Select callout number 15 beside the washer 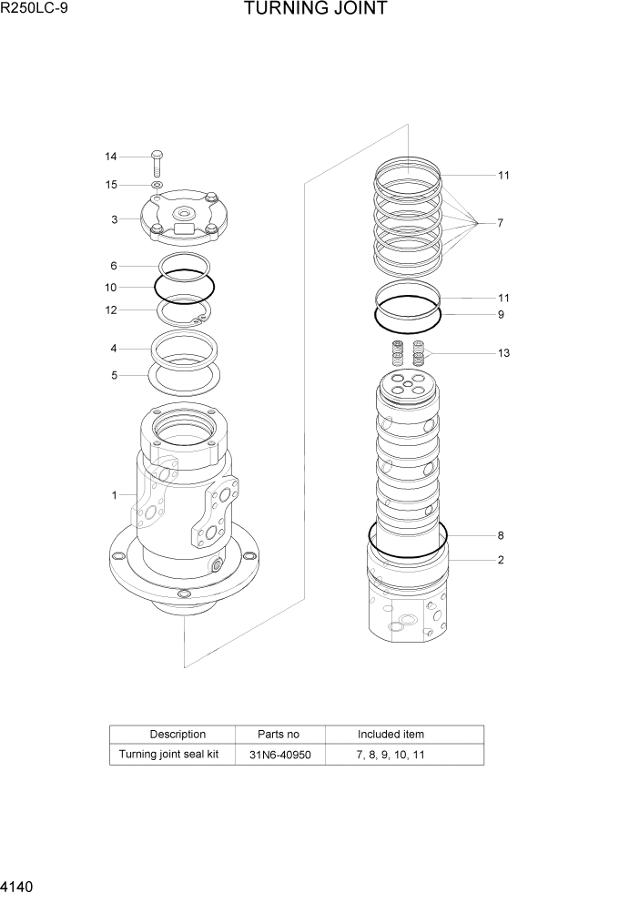click(111, 185)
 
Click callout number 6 click(114, 266)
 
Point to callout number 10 click(111, 287)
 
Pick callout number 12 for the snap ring click(111, 309)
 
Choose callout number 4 click(114, 349)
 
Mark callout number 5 click(114, 374)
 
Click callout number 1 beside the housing click(114, 495)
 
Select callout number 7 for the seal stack click(500, 223)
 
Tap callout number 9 click(500, 315)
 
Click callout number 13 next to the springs click(502, 353)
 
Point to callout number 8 click(500, 535)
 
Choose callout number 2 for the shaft click(500, 561)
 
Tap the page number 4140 click(18, 886)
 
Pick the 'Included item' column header click(390, 735)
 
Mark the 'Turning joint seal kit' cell click(169, 755)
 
